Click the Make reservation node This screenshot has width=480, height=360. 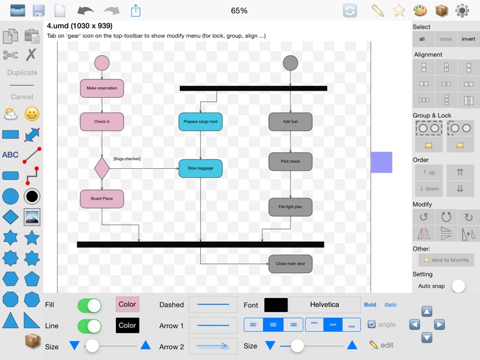[x=102, y=88]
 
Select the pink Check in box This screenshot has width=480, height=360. [x=102, y=121]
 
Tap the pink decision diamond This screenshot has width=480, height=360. [x=102, y=168]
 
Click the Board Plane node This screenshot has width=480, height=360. [x=102, y=199]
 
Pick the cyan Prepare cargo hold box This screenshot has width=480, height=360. [x=200, y=121]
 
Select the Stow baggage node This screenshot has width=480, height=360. [x=200, y=168]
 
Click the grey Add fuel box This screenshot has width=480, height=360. [x=291, y=121]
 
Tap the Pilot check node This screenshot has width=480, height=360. [x=291, y=161]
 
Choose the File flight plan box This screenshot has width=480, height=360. [x=291, y=207]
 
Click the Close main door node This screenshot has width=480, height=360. [x=291, y=263]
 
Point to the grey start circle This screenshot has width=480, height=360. [x=291, y=63]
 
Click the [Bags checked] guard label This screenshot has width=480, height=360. [x=127, y=159]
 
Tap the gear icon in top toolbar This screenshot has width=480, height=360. [x=462, y=10]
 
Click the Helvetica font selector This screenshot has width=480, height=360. [x=324, y=304]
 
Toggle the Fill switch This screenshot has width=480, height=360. [x=89, y=305]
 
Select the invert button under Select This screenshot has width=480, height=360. [x=468, y=39]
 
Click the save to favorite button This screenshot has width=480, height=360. [x=446, y=260]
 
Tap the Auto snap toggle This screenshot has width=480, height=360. [x=458, y=286]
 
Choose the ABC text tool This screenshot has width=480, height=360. [x=11, y=155]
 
